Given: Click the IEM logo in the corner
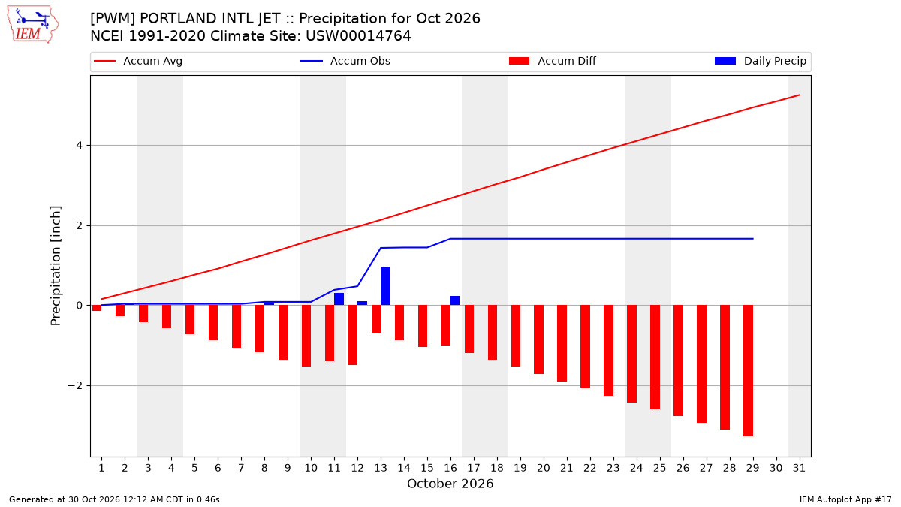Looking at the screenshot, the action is point(32,25).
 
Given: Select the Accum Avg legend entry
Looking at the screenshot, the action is point(138,61).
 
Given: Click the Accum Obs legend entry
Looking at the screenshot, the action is point(345,61).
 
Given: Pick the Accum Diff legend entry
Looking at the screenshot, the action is point(553,61).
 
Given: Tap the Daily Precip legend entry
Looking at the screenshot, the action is point(760,61).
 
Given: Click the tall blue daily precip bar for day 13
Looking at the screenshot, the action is point(385,285).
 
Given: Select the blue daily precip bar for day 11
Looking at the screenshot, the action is point(339,299).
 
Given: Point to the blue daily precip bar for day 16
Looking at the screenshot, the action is point(455,300).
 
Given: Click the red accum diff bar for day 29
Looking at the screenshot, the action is point(748,370).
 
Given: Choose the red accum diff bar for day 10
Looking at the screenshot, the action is point(306,336).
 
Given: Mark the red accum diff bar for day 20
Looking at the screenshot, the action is point(538,340).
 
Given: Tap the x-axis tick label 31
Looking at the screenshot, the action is point(799,468).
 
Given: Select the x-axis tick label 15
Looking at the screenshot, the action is point(427,468).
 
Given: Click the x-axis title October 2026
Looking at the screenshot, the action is point(450,484).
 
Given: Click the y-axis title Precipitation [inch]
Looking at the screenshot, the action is point(56,266).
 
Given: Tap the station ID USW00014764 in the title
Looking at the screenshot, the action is point(358,36).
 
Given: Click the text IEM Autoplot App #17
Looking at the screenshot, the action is point(845,499).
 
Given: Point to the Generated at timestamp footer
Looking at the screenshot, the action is point(114,499).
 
